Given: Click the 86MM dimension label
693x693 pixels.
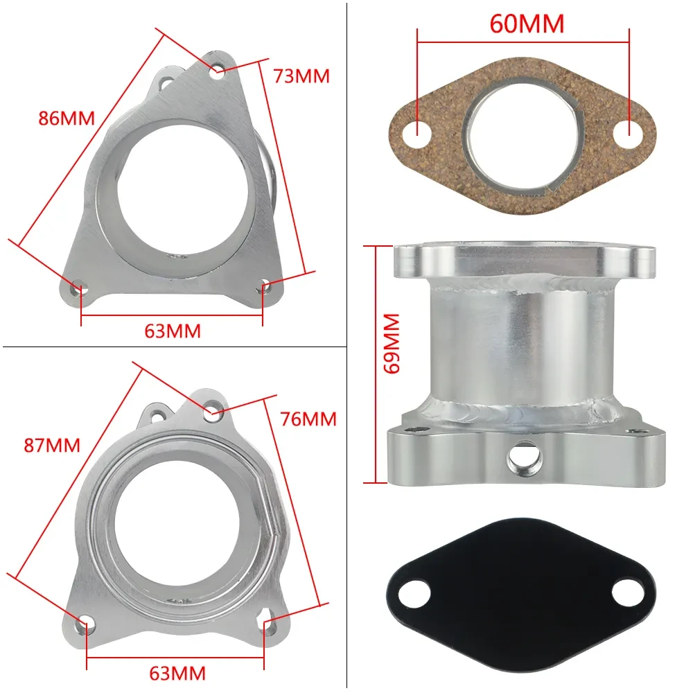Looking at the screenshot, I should pos(66,118).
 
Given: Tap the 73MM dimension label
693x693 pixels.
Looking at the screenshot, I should pos(301,76).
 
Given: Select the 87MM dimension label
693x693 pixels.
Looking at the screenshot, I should pos(53,445).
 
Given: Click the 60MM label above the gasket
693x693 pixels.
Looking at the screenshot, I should pos(527,24).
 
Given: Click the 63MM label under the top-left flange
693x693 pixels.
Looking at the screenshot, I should pos(173,331).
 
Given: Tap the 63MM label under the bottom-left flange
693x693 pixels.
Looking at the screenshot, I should pos(177,672).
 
